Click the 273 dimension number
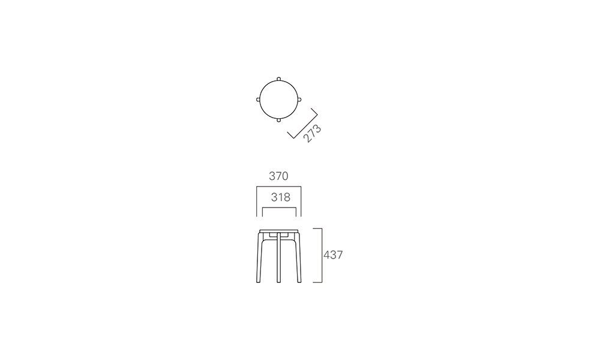312,133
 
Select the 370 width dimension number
278,176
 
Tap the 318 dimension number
280,197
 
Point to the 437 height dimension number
333,255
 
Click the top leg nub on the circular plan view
278,79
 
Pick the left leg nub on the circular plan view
258,100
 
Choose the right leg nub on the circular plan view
299,100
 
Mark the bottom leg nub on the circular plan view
278,120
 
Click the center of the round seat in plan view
278,100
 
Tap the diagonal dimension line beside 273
305,126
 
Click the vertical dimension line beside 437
322,256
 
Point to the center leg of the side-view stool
278,257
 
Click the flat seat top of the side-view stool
278,231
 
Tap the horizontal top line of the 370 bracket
278,187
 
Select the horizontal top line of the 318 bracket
279,208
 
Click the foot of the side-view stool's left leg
258,281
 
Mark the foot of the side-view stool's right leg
299,281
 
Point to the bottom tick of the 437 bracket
317,283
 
